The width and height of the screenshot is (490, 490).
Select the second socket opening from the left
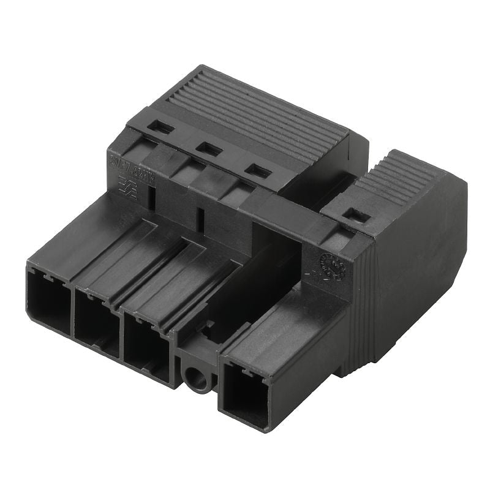97,323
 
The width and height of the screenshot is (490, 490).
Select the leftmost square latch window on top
160,127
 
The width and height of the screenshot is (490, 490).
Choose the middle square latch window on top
208,149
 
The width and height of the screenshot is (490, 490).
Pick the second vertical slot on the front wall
199,216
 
